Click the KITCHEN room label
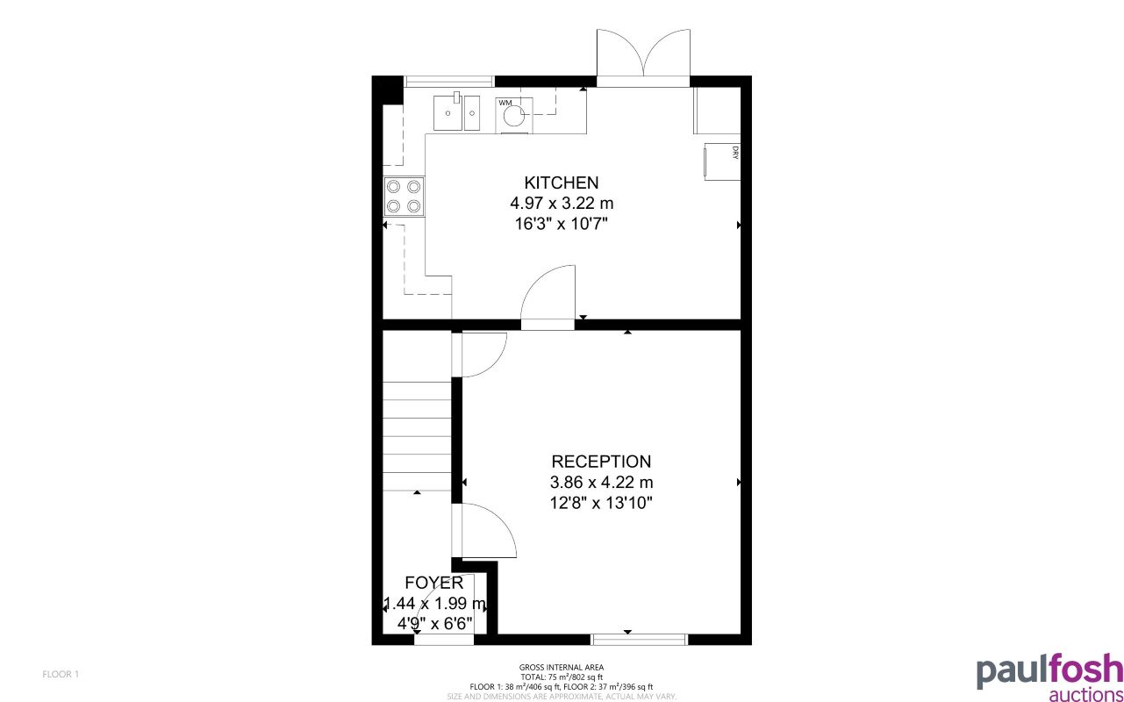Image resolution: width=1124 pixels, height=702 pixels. point(561,183)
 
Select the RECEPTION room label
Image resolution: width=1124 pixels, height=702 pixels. point(601,462)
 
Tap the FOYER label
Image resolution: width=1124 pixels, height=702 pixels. point(433,583)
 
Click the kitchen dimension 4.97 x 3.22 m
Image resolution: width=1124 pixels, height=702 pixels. point(561,203)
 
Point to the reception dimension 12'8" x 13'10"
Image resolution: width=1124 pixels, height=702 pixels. point(601,503)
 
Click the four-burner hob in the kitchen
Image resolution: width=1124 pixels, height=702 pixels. point(404,197)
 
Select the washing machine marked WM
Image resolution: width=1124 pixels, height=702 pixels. point(514,113)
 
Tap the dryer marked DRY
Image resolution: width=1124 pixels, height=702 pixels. point(723,161)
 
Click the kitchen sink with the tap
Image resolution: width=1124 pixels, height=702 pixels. point(456,112)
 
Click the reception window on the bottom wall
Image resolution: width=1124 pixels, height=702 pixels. point(639,639)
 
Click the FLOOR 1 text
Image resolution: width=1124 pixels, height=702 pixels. point(61,674)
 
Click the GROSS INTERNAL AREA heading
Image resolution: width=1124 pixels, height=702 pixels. point(562,668)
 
